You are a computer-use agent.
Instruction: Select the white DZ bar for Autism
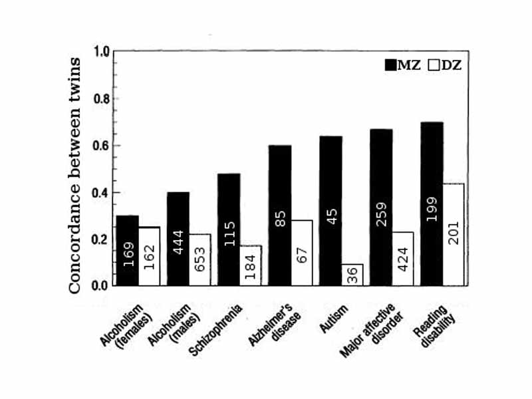point(352,275)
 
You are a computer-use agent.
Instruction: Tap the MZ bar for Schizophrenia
point(229,229)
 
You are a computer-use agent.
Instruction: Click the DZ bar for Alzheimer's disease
point(301,253)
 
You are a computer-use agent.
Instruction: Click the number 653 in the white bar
point(200,264)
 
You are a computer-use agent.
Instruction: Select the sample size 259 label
point(381,229)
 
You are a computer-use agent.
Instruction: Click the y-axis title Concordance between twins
point(75,175)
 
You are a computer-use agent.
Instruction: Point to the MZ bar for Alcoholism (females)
point(126,251)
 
